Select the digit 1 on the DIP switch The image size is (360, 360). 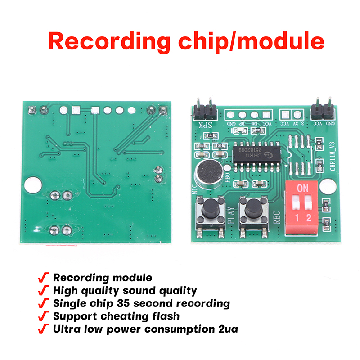(297, 218)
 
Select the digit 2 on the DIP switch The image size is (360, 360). (309, 218)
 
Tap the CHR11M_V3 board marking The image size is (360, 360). (333, 156)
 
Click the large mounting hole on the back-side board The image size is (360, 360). (32, 184)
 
